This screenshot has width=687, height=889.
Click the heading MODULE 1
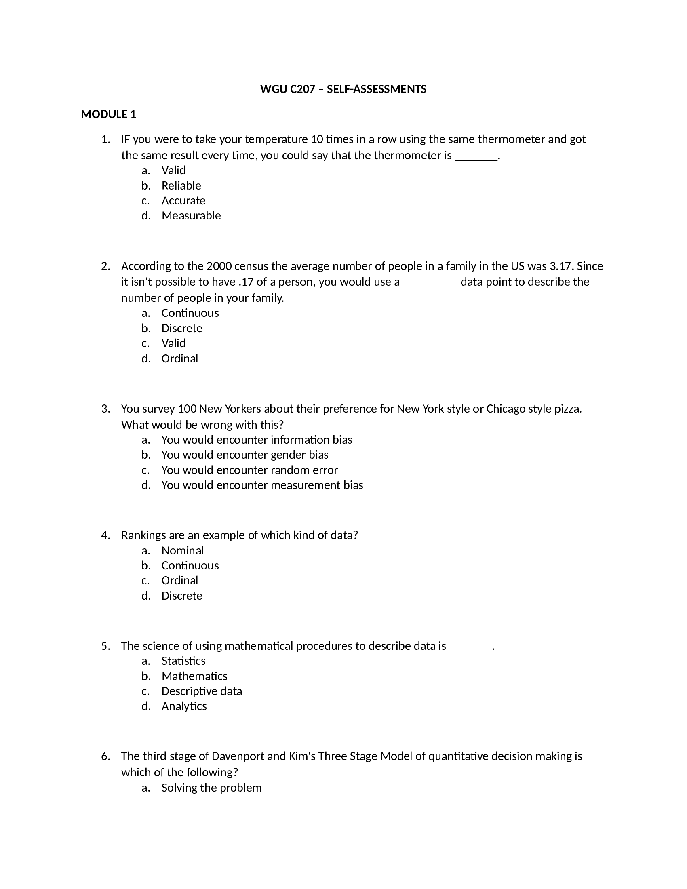click(108, 114)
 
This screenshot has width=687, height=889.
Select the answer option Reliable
click(181, 185)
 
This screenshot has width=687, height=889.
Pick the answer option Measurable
click(191, 216)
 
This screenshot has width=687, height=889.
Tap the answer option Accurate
click(183, 201)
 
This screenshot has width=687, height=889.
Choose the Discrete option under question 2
click(181, 328)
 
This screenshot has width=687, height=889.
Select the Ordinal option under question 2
click(179, 358)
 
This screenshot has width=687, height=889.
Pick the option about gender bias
click(244, 455)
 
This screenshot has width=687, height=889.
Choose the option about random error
click(249, 470)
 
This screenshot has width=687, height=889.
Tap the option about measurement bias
click(262, 485)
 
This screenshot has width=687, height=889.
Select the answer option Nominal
click(182, 550)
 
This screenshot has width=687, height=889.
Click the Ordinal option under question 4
click(179, 580)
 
